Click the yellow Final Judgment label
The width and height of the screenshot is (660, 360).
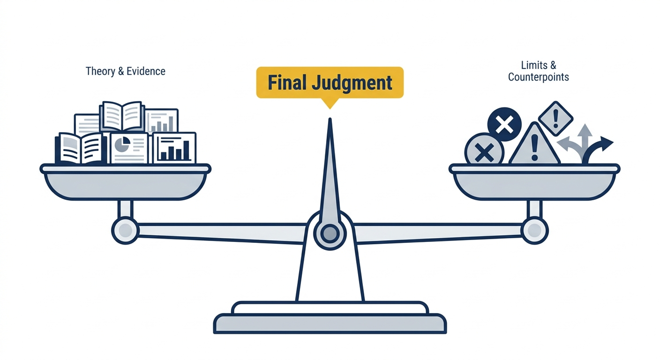pos(330,83)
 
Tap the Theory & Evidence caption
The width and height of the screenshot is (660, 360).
pos(126,71)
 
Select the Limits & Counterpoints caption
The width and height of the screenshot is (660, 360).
pos(538,71)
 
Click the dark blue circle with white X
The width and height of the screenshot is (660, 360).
pos(504,124)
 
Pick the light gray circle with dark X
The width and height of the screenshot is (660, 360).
pos(484,153)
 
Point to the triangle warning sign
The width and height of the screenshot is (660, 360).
pos(534,145)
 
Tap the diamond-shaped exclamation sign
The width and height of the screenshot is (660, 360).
pos(555,119)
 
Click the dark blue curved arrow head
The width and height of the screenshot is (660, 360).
pos(607,144)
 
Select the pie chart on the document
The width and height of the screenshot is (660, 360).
pos(122,144)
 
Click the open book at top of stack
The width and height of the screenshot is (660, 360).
pos(122,116)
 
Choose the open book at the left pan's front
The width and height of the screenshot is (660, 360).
pos(80,148)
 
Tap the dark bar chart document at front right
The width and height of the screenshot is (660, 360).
pos(174,148)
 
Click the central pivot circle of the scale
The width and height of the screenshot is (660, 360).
pos(330,233)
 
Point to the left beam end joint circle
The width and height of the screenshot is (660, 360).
pos(125,230)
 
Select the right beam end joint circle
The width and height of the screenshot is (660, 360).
pos(534,230)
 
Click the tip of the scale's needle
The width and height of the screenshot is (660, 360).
pos(330,119)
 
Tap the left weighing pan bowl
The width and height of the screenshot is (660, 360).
pos(125,182)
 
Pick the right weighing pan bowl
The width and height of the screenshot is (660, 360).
pos(534,182)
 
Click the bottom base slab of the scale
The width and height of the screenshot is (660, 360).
pos(330,323)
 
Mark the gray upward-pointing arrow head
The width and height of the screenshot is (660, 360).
pos(585,130)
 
